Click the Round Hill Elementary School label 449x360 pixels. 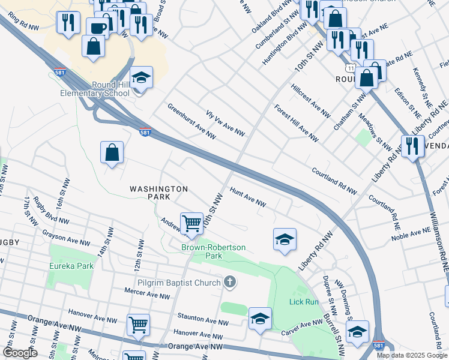coord(94,89)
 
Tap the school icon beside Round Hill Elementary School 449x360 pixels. coord(141,78)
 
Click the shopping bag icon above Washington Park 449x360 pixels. coord(112,153)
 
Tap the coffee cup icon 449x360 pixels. coord(97,28)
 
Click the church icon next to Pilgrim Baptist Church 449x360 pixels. coord(229,281)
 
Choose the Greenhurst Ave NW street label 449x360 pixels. coord(191,122)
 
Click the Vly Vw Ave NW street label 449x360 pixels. coord(226,122)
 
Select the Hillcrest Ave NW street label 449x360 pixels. coord(310,100)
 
